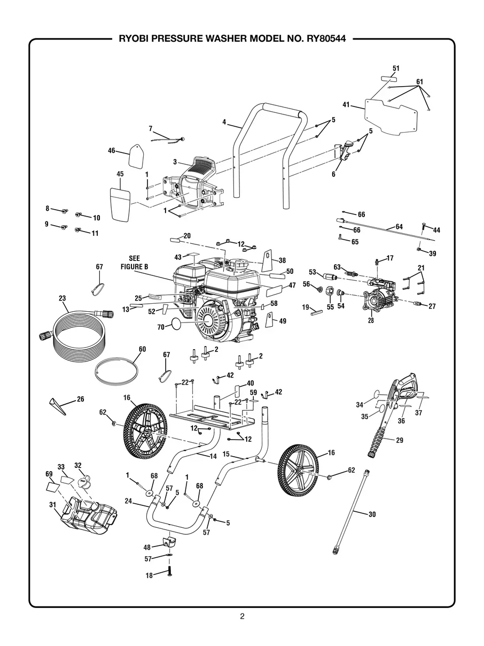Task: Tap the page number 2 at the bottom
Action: coord(242,616)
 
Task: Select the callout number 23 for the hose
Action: coord(63,298)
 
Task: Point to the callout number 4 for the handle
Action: coord(225,122)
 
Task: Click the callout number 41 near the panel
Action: coord(346,105)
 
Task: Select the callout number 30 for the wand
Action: coord(372,514)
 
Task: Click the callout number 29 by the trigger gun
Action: coord(399,441)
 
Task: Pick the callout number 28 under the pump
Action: coord(371,321)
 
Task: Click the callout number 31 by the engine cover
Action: coord(52,504)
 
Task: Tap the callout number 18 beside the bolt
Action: coord(150,575)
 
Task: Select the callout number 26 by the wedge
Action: coord(80,398)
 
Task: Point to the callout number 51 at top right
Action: coord(396,68)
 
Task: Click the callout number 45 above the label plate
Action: coord(120,174)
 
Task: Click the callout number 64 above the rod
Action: coord(399,226)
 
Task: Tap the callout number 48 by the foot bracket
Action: coord(147,547)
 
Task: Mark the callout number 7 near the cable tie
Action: coord(151,128)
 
